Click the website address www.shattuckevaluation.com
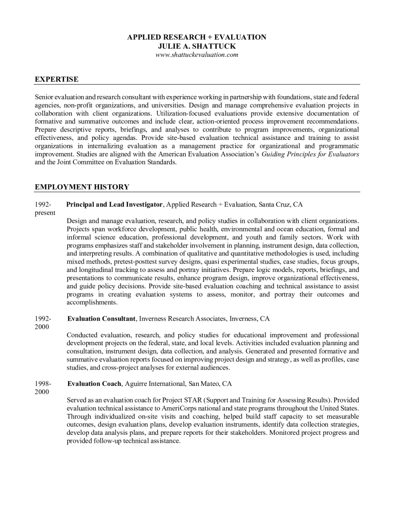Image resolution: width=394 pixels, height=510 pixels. pyautogui.click(x=197, y=54)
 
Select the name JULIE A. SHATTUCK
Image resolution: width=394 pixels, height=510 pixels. pyautogui.click(x=197, y=46)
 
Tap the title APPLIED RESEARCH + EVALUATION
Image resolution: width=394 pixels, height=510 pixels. pyautogui.click(x=197, y=37)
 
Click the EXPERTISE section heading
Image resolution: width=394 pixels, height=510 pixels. pyautogui.click(x=56, y=79)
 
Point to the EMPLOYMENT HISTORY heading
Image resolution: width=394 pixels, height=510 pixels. pyautogui.click(x=82, y=187)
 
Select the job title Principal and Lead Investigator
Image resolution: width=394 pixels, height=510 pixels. pyautogui.click(x=115, y=204)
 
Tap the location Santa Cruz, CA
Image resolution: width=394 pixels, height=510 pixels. pyautogui.click(x=277, y=204)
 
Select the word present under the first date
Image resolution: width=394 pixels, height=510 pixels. pyautogui.click(x=45, y=212)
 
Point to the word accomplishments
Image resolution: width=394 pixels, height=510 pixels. pyautogui.click(x=92, y=302)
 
